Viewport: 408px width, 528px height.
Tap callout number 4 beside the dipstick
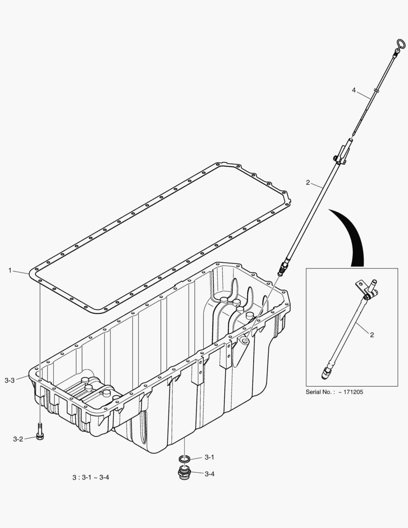354,90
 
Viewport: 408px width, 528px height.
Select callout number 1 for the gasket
10,270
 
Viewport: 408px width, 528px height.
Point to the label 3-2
18,439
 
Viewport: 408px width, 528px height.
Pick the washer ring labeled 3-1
184,458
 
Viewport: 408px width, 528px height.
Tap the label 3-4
210,473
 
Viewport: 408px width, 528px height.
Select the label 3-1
210,457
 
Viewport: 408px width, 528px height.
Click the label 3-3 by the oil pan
10,379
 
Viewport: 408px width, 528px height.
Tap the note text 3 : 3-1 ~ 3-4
90,477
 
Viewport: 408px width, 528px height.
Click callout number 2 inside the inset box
372,335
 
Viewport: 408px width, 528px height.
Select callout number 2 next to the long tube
308,183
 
